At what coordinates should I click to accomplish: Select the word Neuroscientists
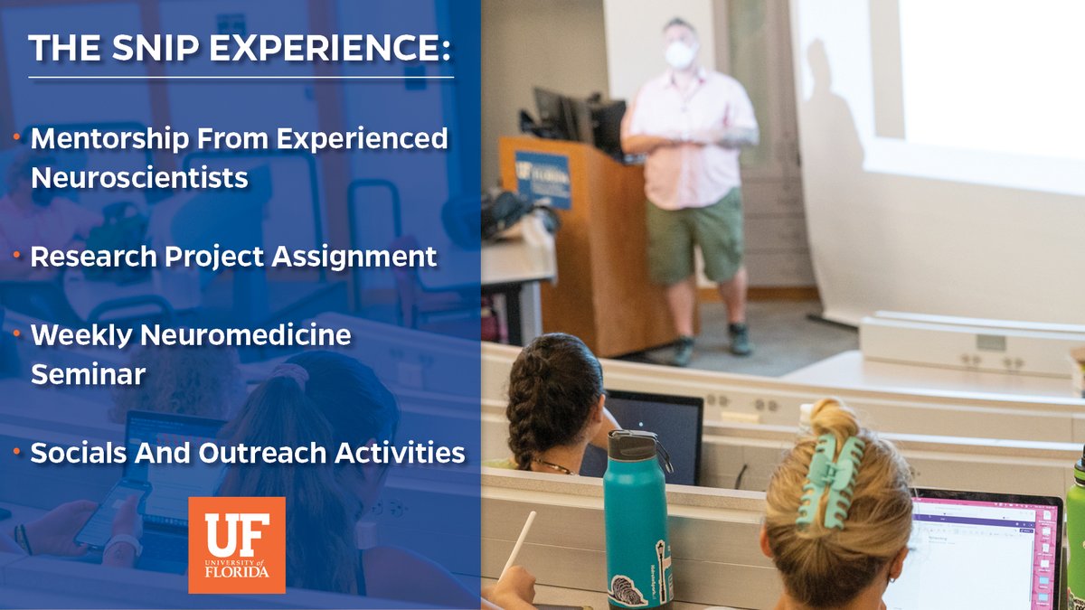click(139, 178)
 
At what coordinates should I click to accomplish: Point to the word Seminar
click(89, 374)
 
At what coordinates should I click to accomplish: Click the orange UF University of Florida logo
click(236, 545)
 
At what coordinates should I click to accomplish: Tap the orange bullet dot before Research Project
click(18, 256)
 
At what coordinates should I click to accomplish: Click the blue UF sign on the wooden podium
click(542, 178)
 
